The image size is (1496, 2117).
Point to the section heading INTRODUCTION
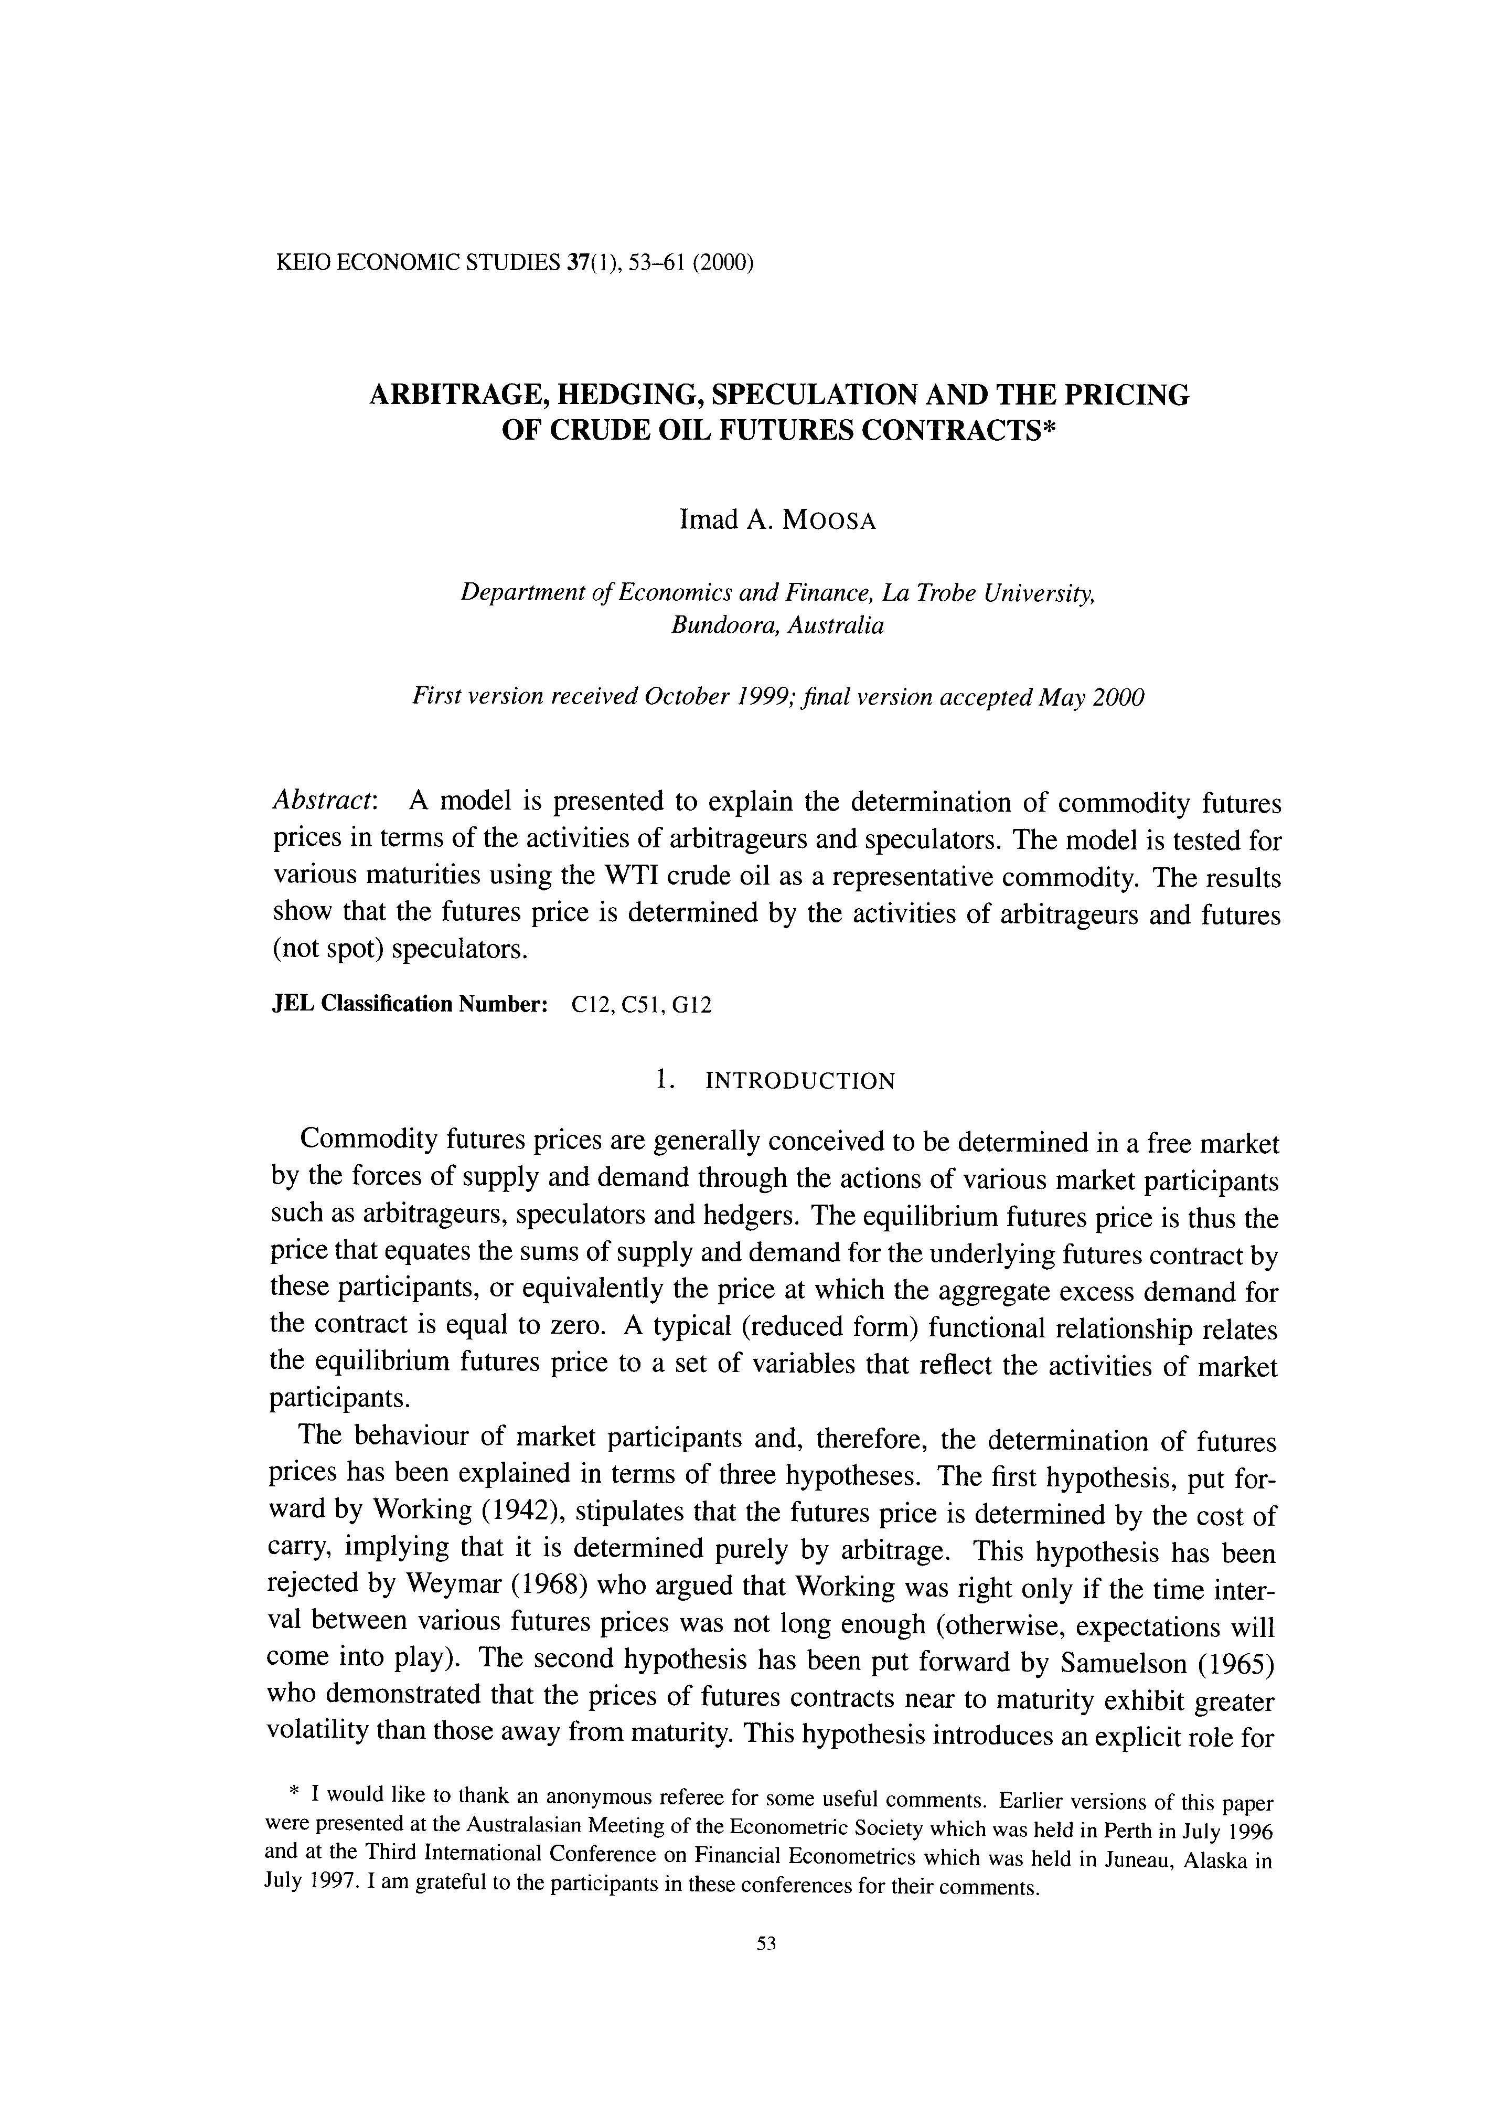tap(799, 1081)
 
